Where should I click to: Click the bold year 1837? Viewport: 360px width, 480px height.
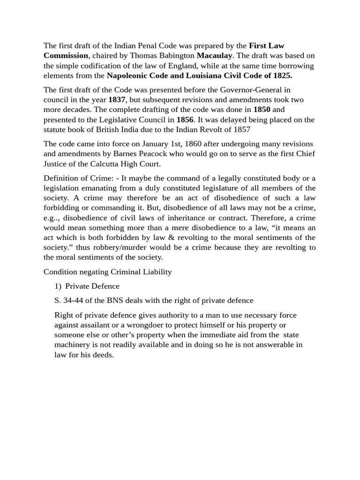117,100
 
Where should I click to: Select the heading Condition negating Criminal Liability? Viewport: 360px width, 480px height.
108,272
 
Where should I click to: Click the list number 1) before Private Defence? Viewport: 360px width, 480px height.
59,286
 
